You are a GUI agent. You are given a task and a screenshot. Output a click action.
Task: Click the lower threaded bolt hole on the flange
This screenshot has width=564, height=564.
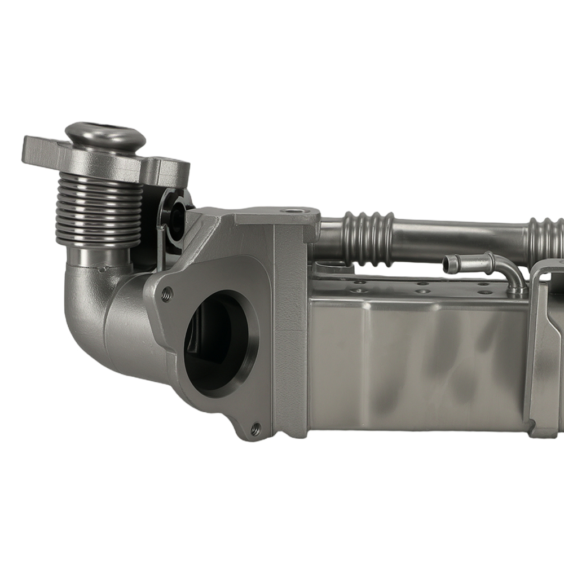pos(255,429)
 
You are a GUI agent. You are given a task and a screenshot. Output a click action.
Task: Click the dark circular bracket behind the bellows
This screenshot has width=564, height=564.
pos(174,217)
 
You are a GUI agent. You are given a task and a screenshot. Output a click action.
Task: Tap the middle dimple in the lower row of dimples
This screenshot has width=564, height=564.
pos(422,292)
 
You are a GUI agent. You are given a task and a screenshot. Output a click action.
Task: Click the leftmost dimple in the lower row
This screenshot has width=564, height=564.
pos(357,291)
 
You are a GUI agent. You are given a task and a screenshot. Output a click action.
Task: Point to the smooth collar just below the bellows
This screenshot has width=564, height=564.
pos(96,257)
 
